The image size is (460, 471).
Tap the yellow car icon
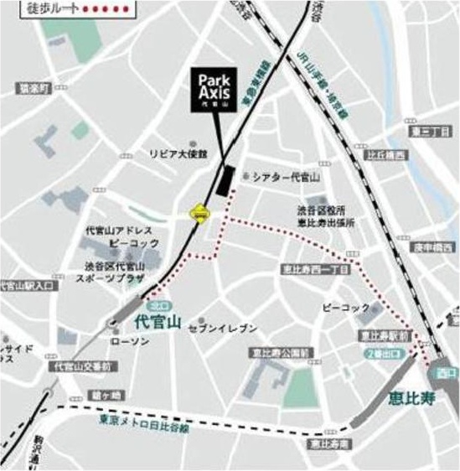(199, 215)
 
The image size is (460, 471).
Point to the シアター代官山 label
(287, 178)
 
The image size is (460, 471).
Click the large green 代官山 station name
(157, 320)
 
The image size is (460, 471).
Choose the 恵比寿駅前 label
(384, 334)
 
